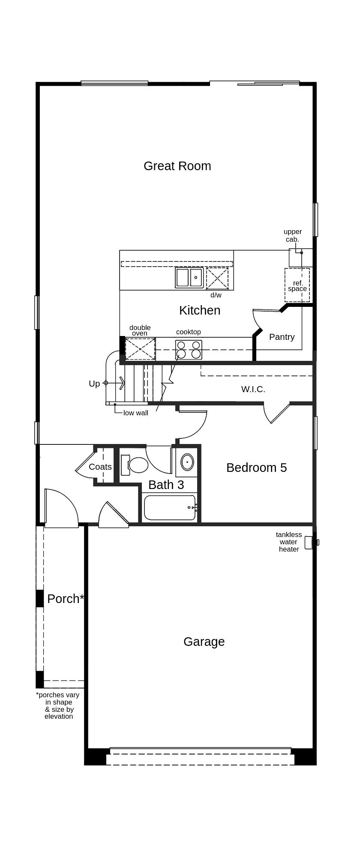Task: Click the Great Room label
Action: (177, 166)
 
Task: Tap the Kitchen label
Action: (200, 310)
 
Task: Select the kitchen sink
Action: (189, 277)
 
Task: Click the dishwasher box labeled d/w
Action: (217, 278)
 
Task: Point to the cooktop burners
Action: (189, 349)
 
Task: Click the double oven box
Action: (140, 349)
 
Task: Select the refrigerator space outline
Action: (297, 285)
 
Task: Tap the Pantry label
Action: (282, 337)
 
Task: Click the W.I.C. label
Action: (253, 389)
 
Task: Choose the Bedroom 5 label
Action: (257, 468)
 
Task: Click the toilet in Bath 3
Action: (135, 465)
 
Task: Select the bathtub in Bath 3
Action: (170, 507)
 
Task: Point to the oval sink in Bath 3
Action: (187, 462)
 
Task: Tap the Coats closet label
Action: (100, 467)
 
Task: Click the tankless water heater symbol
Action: (312, 543)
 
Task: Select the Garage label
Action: (204, 642)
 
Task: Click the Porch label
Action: (66, 599)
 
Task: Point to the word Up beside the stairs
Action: (94, 384)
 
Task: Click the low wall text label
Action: (136, 413)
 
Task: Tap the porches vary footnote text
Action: (58, 705)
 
